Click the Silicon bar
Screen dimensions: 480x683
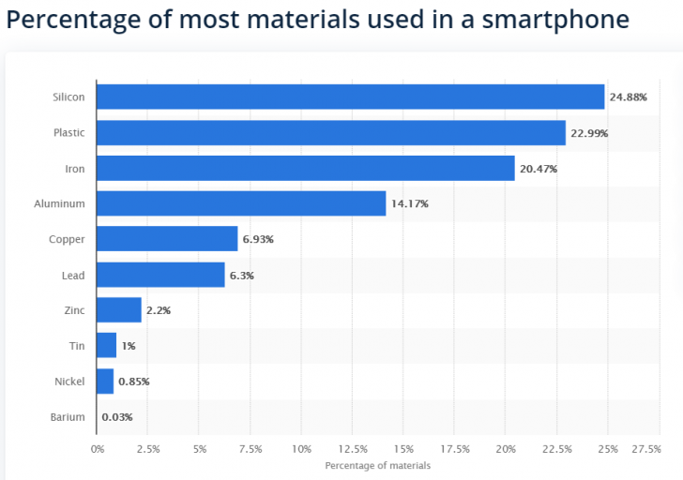click(x=350, y=97)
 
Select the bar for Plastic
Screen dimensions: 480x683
click(x=330, y=132)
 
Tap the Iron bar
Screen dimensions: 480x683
click(x=305, y=168)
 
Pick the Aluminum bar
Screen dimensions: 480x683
click(x=241, y=203)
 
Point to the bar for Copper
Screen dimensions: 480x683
click(x=167, y=239)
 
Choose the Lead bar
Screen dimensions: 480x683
click(x=160, y=275)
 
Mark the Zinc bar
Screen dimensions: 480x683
click(x=119, y=310)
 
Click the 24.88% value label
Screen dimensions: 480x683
click(x=628, y=97)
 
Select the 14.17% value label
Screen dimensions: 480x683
click(x=409, y=204)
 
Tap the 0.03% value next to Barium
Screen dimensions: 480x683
click(x=116, y=417)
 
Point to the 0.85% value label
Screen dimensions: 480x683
click(x=133, y=382)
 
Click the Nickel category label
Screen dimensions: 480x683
click(x=69, y=382)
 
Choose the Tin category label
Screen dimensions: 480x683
click(x=77, y=346)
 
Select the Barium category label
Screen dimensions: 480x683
click(x=68, y=417)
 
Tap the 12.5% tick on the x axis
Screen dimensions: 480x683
click(x=353, y=449)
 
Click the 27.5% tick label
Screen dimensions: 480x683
click(x=646, y=449)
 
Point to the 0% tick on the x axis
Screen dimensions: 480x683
click(x=98, y=449)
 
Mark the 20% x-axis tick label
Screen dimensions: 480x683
click(x=506, y=449)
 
